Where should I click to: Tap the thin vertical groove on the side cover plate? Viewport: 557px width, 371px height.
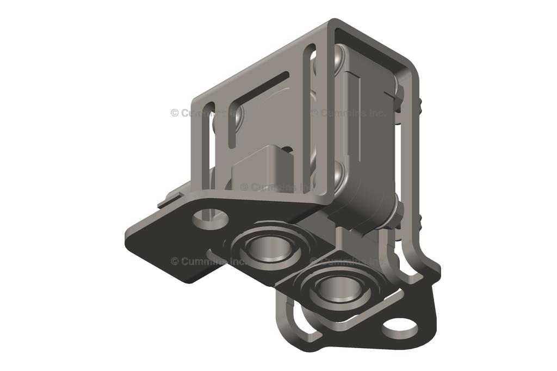[x=359, y=109]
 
